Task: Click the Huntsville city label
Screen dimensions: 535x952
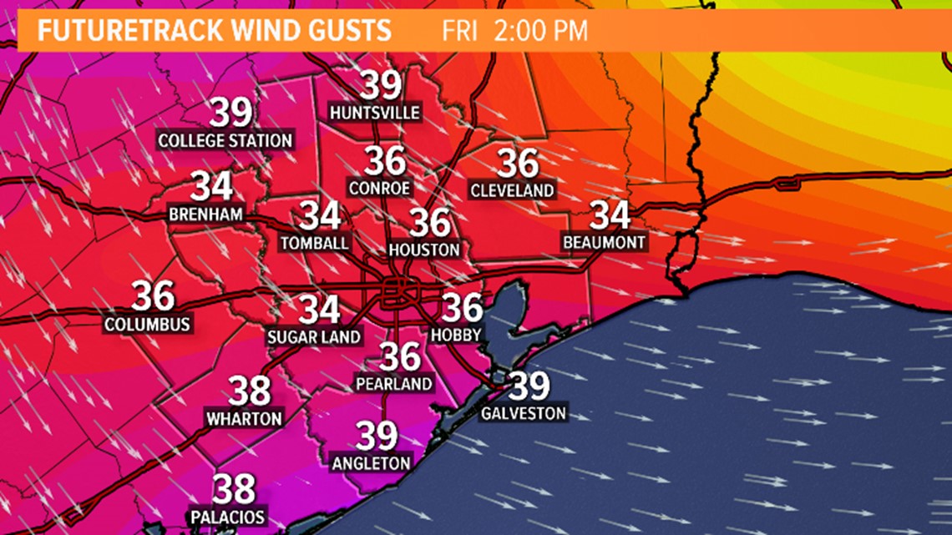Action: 375,112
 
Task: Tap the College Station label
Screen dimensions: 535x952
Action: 225,140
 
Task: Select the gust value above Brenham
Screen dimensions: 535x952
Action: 211,187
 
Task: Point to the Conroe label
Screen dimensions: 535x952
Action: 379,189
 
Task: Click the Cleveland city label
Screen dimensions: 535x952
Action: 512,190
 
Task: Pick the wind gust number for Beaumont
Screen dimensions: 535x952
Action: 610,215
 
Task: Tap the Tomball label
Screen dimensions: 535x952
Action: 314,243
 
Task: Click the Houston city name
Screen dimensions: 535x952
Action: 424,250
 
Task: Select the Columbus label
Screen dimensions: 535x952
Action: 148,324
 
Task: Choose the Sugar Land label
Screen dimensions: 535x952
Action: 314,337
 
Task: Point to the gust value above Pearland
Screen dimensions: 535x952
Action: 400,357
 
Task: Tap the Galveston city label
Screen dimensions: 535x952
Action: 524,413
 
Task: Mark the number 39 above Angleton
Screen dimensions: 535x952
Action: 377,436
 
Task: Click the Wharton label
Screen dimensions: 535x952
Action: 244,417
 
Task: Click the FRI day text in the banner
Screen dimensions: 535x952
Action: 460,32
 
